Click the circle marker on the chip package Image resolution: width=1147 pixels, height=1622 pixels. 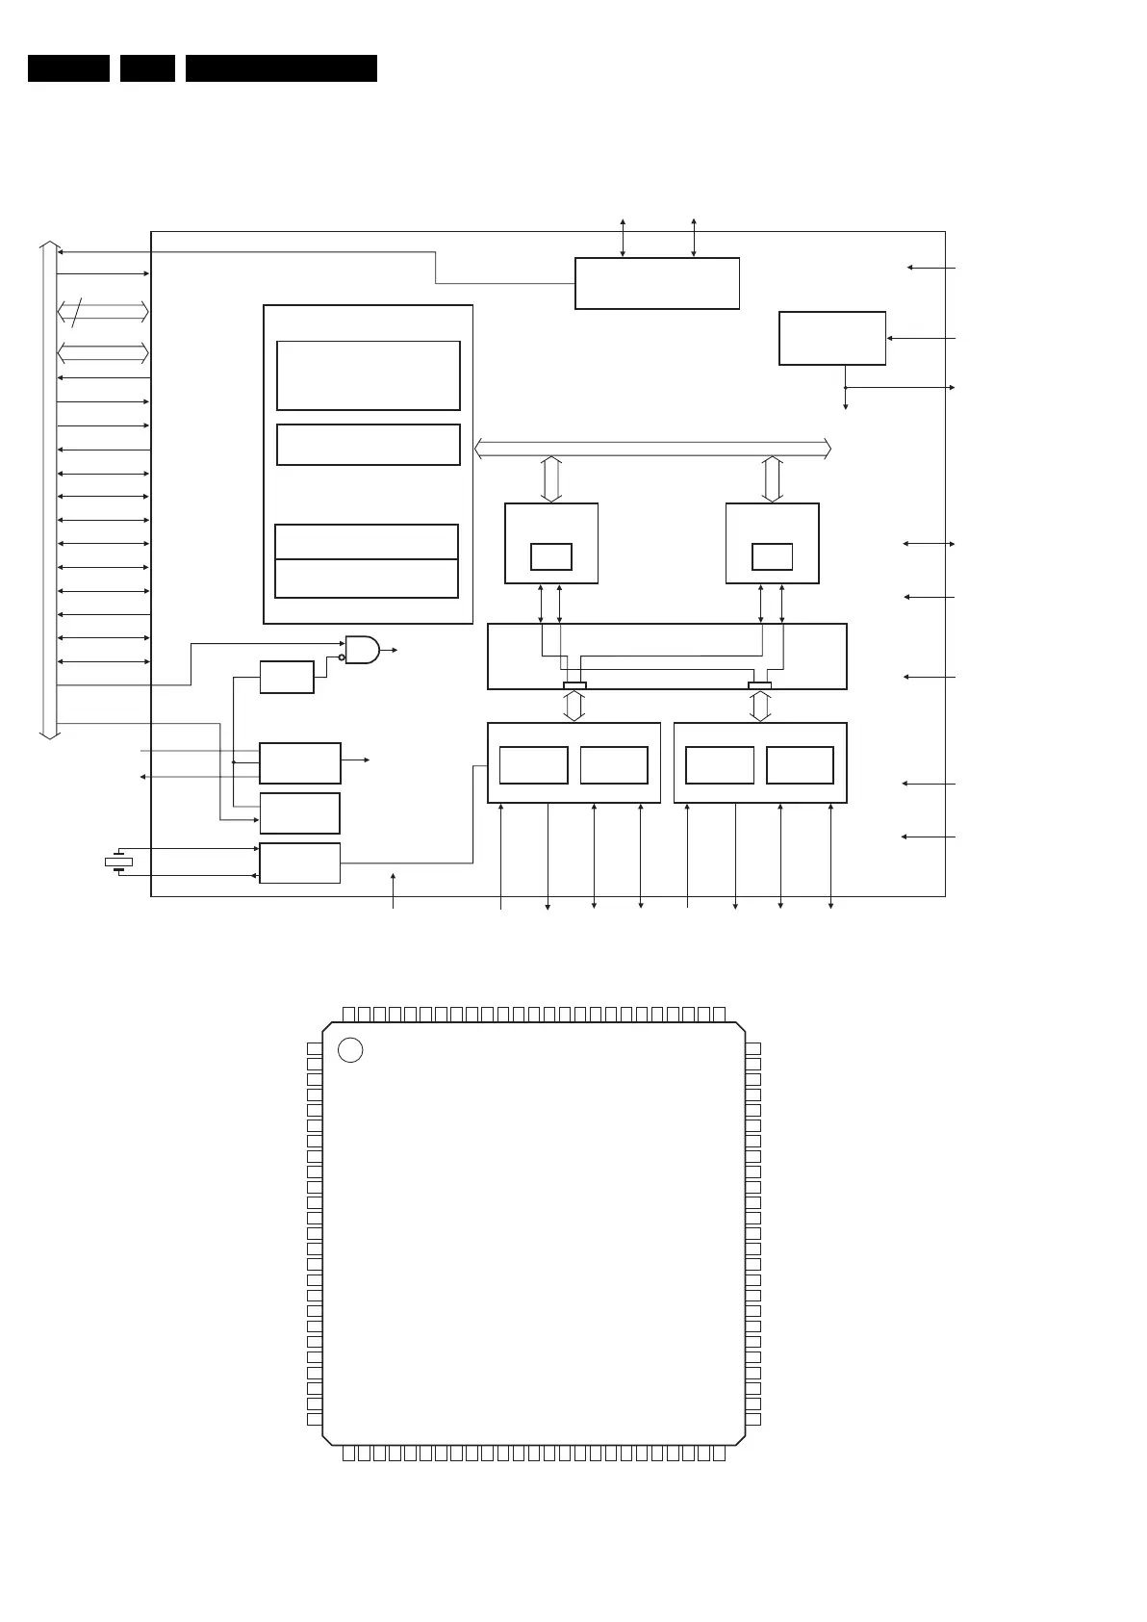[x=351, y=1050]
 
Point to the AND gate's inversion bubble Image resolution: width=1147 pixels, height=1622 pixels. [x=342, y=657]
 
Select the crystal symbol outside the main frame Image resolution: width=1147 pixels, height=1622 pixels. [x=118, y=862]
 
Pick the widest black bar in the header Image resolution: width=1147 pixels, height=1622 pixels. [x=281, y=68]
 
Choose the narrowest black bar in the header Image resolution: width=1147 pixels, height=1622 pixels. [x=147, y=68]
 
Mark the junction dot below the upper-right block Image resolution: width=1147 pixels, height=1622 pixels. [x=846, y=387]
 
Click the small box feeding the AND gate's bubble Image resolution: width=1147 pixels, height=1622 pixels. [x=287, y=677]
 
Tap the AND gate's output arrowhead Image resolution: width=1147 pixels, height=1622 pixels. [x=395, y=651]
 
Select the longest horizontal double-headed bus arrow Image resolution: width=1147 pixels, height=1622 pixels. [x=653, y=449]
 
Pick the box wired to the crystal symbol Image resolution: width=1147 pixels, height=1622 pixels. [x=299, y=862]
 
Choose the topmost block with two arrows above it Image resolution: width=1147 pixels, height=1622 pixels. [x=657, y=283]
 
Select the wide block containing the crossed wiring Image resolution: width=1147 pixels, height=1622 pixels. [x=667, y=657]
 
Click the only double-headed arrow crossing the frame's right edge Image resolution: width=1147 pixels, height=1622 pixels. [x=929, y=544]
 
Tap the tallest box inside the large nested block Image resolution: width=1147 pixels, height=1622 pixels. [x=369, y=375]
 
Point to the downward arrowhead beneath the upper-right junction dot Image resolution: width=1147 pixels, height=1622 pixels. [x=846, y=406]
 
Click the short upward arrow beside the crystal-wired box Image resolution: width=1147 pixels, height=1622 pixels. [x=394, y=886]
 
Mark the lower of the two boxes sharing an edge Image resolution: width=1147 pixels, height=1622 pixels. [x=366, y=579]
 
